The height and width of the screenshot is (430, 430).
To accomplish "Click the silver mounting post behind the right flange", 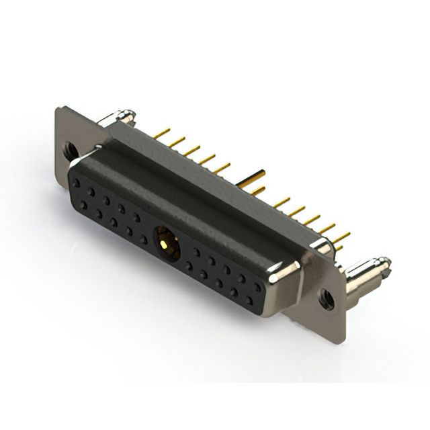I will pos(363,275).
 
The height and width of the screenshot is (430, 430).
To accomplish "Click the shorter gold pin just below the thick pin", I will pos(256,191).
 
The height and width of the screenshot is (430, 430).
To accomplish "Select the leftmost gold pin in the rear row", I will pos(161,134).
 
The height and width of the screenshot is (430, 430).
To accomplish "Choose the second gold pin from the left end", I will pos(176,142).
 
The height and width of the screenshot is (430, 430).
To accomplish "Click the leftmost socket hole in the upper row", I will pos(76,182).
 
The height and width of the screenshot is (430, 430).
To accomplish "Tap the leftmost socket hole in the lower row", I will pos(84,204).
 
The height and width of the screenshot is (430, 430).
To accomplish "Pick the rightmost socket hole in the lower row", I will pos(250,298).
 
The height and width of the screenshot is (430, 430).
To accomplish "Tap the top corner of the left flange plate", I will pos(59,109).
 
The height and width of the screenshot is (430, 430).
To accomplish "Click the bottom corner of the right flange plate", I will pos(343,335).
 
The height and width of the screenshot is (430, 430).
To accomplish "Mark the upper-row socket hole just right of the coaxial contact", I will pos(196,251).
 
